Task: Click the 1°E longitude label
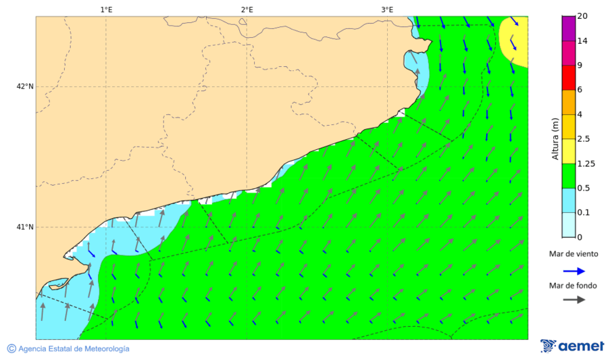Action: tap(106, 9)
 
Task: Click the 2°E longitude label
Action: tap(247, 9)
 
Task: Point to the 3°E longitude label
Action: tap(387, 9)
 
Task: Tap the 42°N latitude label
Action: tap(25, 86)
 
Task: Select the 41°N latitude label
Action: tap(25, 227)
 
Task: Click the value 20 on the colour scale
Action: tap(582, 16)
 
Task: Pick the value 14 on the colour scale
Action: tap(582, 41)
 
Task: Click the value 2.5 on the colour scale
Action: tap(584, 138)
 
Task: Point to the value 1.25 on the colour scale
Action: tap(586, 163)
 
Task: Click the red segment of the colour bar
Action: tap(568, 78)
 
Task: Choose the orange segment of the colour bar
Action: tap(568, 102)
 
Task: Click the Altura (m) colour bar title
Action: tap(555, 138)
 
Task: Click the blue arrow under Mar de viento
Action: tap(574, 271)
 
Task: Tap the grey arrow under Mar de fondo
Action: tap(574, 299)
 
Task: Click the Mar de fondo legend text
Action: tap(574, 285)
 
